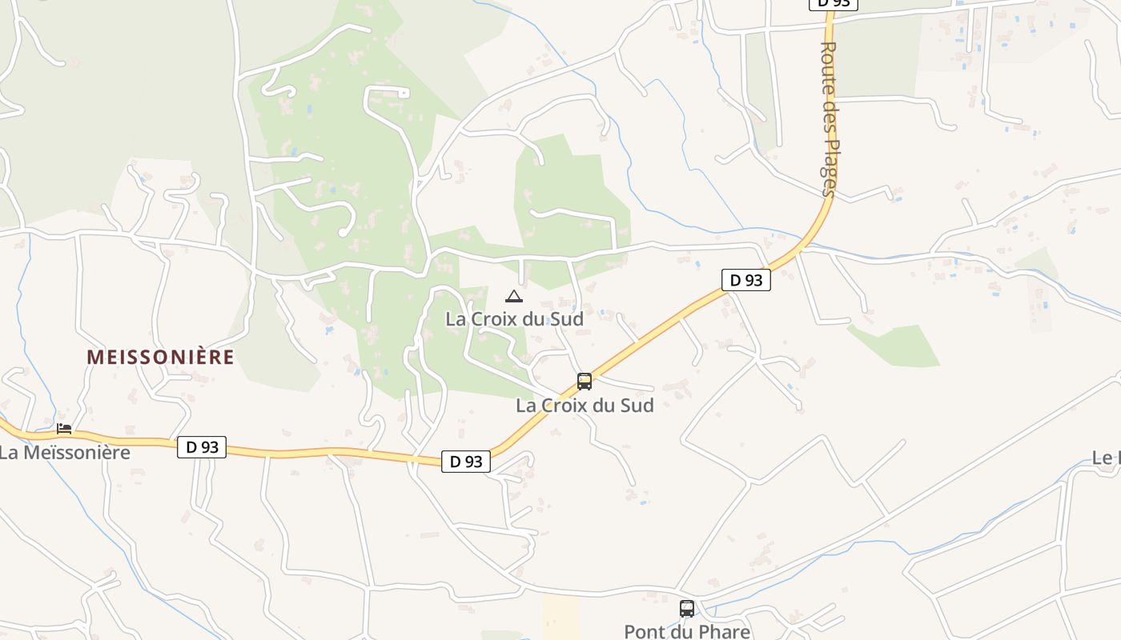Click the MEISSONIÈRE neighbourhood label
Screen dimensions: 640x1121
[160, 357]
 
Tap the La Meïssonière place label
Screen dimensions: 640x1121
[64, 452]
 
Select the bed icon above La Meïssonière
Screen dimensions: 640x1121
[64, 429]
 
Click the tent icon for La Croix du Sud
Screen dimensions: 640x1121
[514, 297]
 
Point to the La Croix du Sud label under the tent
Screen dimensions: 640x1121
[514, 318]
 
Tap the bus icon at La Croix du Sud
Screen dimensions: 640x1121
[585, 382]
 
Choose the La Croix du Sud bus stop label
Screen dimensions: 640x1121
[585, 406]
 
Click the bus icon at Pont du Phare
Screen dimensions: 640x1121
[687, 609]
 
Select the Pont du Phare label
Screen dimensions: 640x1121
[687, 631]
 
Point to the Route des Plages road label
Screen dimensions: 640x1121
[829, 118]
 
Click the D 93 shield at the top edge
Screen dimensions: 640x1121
[834, 3]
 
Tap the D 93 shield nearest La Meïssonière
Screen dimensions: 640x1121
[202, 447]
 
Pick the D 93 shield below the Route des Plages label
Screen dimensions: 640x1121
[746, 280]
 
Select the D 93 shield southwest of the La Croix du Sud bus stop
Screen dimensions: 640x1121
[466, 462]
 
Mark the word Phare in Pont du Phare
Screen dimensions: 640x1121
[725, 631]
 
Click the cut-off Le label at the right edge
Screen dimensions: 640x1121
[1106, 458]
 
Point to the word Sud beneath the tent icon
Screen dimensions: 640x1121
[566, 318]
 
